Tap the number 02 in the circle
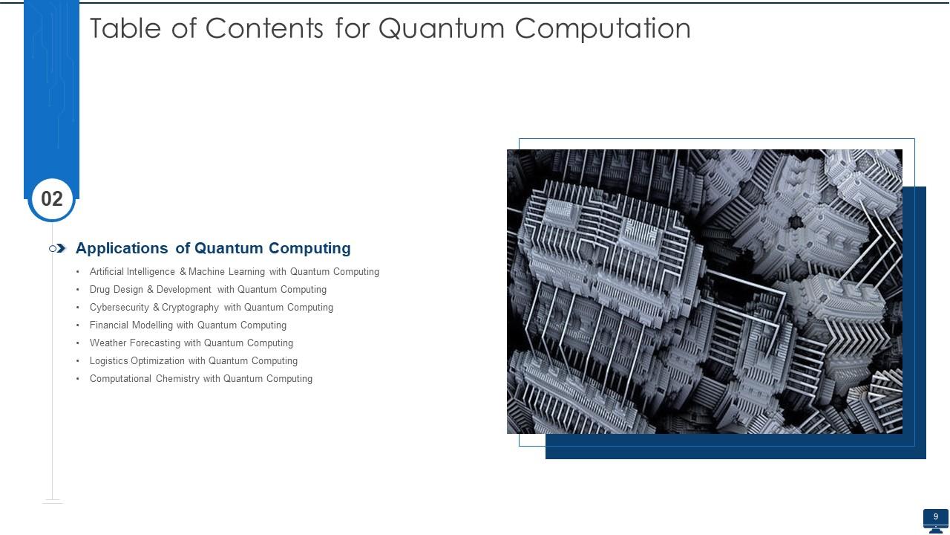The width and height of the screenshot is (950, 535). [52, 199]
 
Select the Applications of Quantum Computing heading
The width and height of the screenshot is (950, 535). [213, 248]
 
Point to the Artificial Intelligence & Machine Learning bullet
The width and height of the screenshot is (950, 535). [234, 272]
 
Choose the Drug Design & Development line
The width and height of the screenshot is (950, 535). [208, 290]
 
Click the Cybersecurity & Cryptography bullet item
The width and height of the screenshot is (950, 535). [211, 308]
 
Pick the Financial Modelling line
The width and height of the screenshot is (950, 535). [188, 325]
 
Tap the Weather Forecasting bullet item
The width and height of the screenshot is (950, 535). [191, 343]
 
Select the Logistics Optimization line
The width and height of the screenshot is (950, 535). [193, 361]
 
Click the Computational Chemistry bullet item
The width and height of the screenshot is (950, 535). [200, 379]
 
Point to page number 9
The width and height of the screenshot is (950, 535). [936, 516]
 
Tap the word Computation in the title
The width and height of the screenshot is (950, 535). [603, 28]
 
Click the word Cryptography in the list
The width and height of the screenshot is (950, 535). [190, 308]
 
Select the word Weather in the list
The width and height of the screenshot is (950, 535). [108, 343]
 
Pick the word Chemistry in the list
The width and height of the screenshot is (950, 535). [177, 379]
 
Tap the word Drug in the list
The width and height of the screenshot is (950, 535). [100, 290]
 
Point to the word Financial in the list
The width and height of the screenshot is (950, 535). [109, 325]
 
